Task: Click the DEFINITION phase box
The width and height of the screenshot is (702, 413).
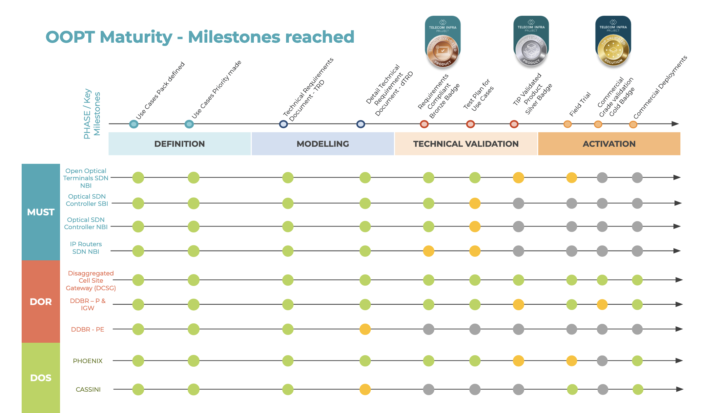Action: click(179, 144)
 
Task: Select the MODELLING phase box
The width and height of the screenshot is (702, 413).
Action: click(322, 144)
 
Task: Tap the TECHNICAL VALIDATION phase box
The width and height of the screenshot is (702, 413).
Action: click(466, 144)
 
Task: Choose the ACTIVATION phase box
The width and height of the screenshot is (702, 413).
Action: click(609, 144)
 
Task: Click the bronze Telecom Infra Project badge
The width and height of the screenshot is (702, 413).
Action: click(443, 41)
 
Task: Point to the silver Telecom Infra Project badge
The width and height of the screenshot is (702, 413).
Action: click(531, 41)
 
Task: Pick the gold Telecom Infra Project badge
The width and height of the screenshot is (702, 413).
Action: click(613, 41)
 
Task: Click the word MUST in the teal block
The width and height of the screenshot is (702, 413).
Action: click(41, 212)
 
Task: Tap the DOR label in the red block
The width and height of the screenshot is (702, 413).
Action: click(41, 302)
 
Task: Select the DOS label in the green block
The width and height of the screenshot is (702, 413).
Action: click(41, 378)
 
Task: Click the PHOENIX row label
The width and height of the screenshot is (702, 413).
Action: click(88, 361)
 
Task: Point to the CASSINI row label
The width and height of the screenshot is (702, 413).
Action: click(88, 389)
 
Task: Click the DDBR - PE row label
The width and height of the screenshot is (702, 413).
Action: click(88, 329)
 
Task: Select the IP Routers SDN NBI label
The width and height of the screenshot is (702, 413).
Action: click(86, 248)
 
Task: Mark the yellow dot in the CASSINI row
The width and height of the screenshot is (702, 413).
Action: click(365, 389)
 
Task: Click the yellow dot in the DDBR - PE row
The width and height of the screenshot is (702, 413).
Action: click(365, 329)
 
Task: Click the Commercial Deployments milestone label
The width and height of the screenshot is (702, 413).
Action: click(660, 87)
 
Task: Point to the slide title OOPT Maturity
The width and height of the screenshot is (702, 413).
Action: click(200, 37)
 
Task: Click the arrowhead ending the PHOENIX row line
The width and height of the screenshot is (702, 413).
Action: click(679, 360)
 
